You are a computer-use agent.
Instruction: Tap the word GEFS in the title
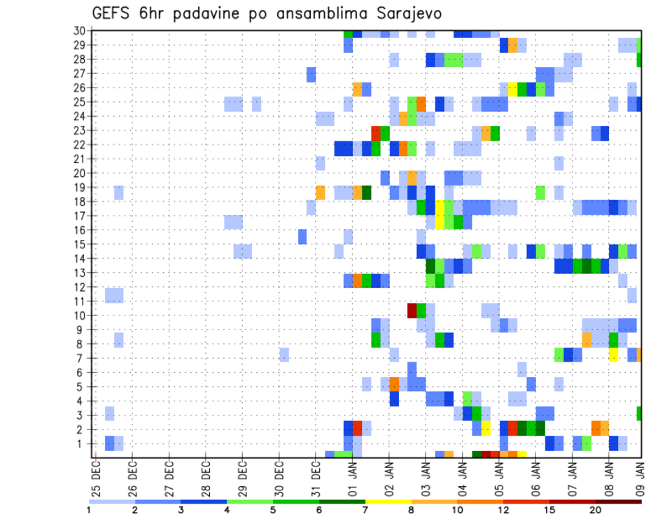click(x=114, y=14)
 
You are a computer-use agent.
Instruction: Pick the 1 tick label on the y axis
click(x=81, y=443)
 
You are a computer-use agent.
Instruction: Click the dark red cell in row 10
click(x=412, y=308)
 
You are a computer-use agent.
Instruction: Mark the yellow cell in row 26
click(x=512, y=89)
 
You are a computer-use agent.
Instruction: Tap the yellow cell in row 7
click(x=613, y=355)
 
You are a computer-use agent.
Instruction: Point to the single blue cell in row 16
click(x=302, y=236)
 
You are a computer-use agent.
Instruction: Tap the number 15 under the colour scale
click(x=549, y=510)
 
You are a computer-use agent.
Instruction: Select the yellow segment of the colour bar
click(x=388, y=501)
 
